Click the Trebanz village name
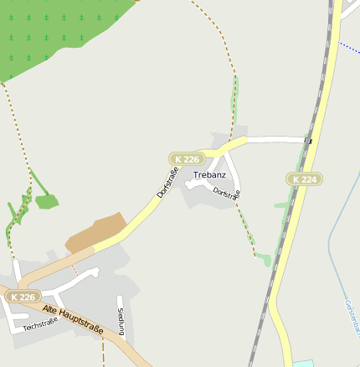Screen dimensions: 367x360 pyautogui.click(x=209, y=175)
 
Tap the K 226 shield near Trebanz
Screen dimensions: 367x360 pyautogui.click(x=187, y=158)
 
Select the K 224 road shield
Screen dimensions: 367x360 pyautogui.click(x=304, y=178)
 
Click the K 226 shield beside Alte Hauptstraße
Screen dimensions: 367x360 pyautogui.click(x=23, y=297)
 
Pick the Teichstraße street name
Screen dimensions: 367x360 pyautogui.click(x=40, y=323)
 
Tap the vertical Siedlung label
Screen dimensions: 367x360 pyautogui.click(x=121, y=322)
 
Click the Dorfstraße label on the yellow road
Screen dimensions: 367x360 pyautogui.click(x=167, y=183)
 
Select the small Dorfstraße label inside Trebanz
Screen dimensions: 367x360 pyautogui.click(x=227, y=193)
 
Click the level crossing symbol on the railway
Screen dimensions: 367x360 pyautogui.click(x=308, y=141)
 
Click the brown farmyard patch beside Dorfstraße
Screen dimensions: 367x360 pyautogui.click(x=95, y=233)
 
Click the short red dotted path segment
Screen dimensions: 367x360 pyautogui.click(x=75, y=269)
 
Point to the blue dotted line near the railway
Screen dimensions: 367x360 pyautogui.click(x=349, y=48)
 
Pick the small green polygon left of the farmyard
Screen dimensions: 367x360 pyautogui.click(x=46, y=201)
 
